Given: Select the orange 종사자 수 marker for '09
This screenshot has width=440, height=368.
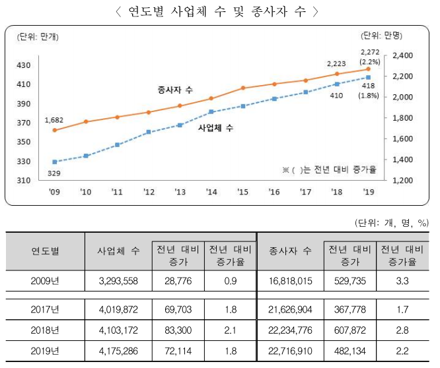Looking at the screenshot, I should pyautogui.click(x=55, y=130).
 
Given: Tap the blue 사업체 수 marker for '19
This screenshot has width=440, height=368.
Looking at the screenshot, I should pyautogui.click(x=368, y=78).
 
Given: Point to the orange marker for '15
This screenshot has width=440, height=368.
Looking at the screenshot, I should pyautogui.click(x=242, y=88).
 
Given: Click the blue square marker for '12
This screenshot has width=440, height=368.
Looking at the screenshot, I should pyautogui.click(x=149, y=132).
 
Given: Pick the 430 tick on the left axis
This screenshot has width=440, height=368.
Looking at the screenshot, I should pyautogui.click(x=24, y=65).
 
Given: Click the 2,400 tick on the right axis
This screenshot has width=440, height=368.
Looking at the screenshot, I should pyautogui.click(x=402, y=56).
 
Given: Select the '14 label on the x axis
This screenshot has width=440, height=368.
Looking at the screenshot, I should pyautogui.click(x=211, y=192).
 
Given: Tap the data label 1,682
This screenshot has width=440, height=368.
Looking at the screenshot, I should pyautogui.click(x=54, y=119).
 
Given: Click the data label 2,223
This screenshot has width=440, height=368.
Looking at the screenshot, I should pyautogui.click(x=338, y=64).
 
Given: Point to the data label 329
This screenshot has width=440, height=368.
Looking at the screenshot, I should pyautogui.click(x=54, y=173).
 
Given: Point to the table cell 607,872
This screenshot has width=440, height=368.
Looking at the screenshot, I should pyautogui.click(x=348, y=330).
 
